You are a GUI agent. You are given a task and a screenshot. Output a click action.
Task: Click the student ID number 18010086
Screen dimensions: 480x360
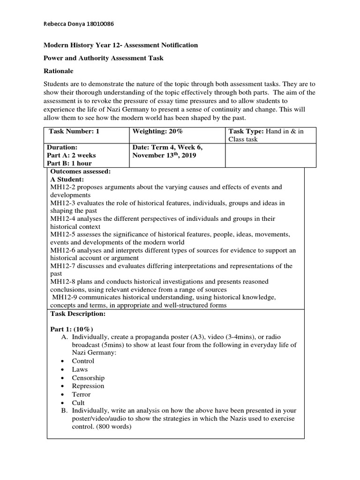[98, 23]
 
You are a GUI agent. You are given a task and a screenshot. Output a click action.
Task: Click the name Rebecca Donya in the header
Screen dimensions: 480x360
[61, 23]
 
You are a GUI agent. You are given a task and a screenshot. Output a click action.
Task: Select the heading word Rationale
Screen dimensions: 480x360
[59, 71]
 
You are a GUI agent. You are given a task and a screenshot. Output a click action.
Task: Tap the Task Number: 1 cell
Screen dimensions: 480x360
[75, 131]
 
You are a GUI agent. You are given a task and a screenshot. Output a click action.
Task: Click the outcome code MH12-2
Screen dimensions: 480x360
[62, 187]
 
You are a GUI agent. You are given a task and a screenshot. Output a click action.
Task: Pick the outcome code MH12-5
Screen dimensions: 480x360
[62, 234]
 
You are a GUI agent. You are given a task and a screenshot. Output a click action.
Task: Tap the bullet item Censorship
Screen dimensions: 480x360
[88, 378]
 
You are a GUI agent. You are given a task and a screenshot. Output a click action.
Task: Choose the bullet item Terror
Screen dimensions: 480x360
[81, 394]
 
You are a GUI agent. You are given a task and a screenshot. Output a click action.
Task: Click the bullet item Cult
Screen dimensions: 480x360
[78, 403]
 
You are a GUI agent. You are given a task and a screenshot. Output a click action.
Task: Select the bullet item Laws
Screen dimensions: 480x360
[80, 369]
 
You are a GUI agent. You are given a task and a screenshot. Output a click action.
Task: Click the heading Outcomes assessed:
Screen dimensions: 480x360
[80, 172]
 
